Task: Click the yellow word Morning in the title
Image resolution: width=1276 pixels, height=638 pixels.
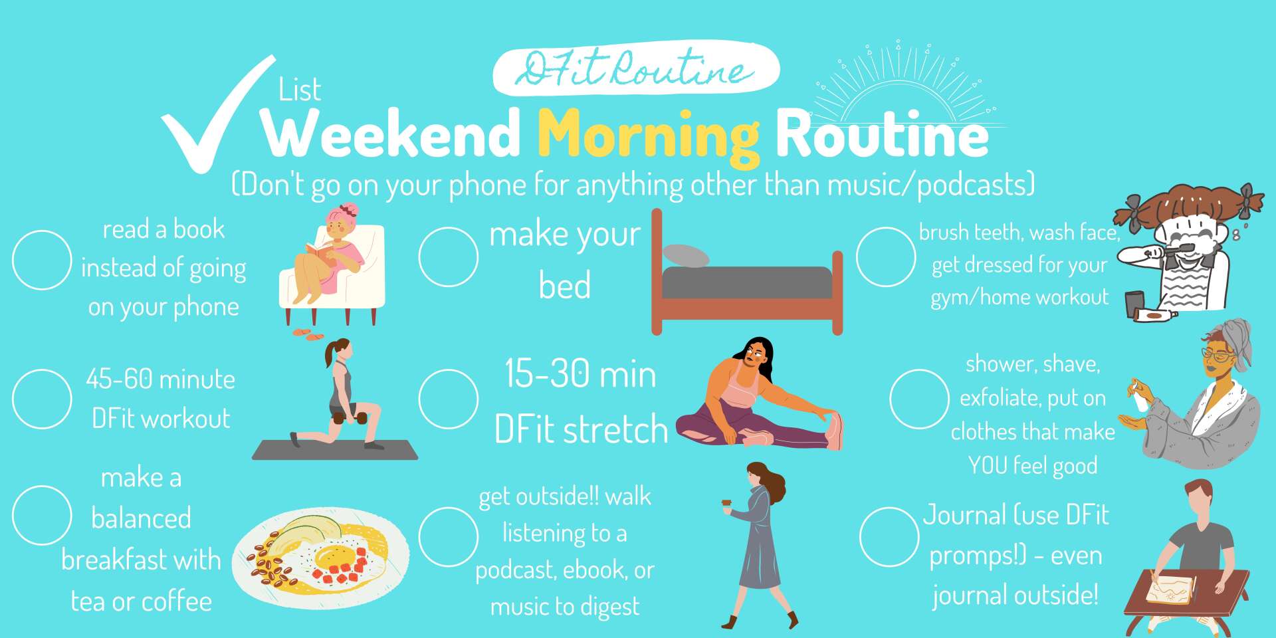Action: point(648,136)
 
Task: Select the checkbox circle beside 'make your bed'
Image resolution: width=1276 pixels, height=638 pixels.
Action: point(449,257)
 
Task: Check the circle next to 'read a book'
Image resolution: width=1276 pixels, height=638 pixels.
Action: point(42,260)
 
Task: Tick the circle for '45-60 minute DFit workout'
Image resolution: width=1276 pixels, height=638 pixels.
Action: point(42,399)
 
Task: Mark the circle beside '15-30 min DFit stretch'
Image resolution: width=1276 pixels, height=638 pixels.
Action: point(449,399)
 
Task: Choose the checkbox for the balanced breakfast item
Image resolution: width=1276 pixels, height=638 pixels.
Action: point(42,515)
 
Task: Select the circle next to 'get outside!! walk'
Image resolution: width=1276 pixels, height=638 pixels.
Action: point(449,537)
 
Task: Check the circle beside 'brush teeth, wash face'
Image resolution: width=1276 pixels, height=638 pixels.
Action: point(886,257)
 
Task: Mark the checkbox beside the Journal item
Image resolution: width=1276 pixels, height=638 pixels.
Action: point(889,537)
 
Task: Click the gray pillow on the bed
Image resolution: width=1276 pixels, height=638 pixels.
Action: point(687,256)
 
